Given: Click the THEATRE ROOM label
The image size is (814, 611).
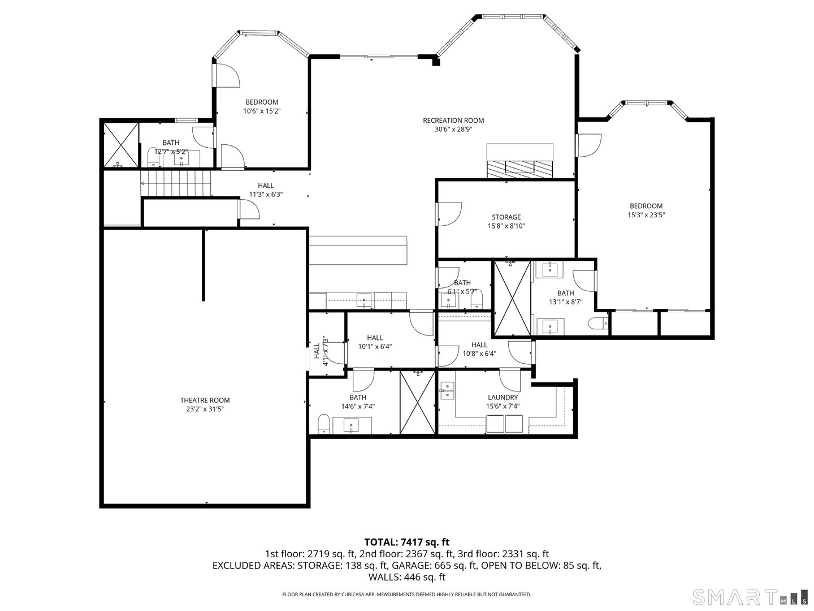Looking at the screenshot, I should coord(205,400).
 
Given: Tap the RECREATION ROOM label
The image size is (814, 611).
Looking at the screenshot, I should coord(453,120).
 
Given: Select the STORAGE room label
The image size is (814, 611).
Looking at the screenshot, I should coord(506,217).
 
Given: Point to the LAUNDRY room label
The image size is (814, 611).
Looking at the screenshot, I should coord(502,397).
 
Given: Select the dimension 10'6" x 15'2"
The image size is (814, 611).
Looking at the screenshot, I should coord(262,111).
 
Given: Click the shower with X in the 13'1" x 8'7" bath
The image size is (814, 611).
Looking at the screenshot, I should coord(512,298).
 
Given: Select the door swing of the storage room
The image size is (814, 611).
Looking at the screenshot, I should coord(450,213).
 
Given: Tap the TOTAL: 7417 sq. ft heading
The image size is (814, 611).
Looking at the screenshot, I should coord(407,543).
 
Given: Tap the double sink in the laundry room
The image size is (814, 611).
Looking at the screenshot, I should coord(447,390).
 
